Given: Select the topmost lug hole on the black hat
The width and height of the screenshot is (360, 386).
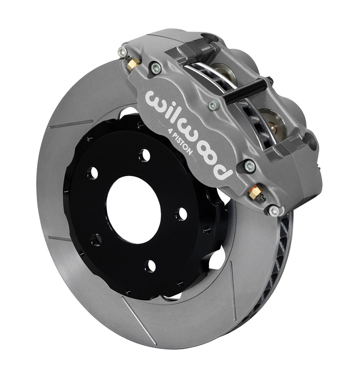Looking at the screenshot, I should tap(144, 155).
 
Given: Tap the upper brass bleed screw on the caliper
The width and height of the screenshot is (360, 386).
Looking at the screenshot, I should tap(134, 64).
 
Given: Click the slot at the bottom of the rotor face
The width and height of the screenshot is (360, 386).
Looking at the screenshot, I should tap(139, 320).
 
